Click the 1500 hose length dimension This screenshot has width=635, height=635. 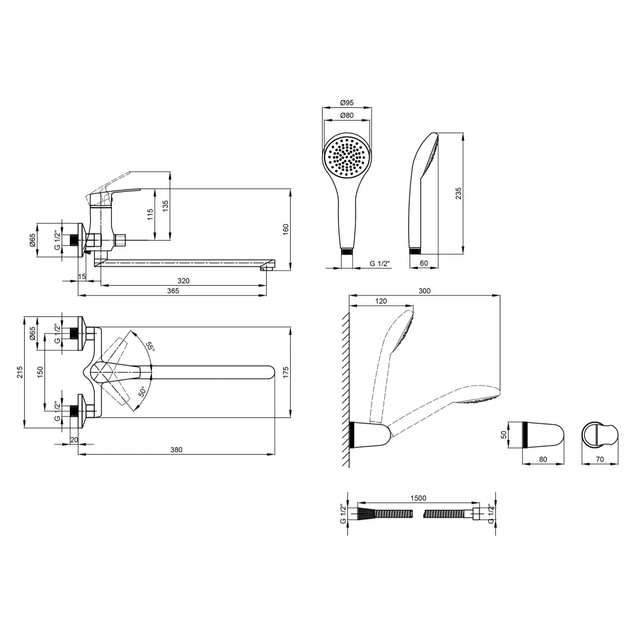(418, 498)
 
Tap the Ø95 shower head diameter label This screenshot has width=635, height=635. (347, 103)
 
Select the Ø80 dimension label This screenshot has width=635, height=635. (347, 116)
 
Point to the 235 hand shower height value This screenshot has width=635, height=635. (458, 194)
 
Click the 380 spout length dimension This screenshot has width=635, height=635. (176, 450)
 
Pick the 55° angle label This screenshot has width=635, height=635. (150, 347)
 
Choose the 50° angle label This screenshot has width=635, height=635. (142, 392)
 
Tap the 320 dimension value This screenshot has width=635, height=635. (184, 281)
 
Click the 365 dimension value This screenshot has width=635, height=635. (173, 291)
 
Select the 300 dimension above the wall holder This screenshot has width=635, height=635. (424, 291)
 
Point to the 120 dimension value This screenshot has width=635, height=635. (381, 301)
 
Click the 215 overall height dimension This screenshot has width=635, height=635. (20, 371)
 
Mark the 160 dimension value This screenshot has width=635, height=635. (286, 229)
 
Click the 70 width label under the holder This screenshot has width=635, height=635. (600, 459)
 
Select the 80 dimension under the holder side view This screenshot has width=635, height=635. (543, 459)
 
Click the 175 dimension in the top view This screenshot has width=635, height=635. (286, 372)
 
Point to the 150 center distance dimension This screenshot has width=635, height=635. (40, 371)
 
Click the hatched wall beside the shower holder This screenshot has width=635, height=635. (345, 389)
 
